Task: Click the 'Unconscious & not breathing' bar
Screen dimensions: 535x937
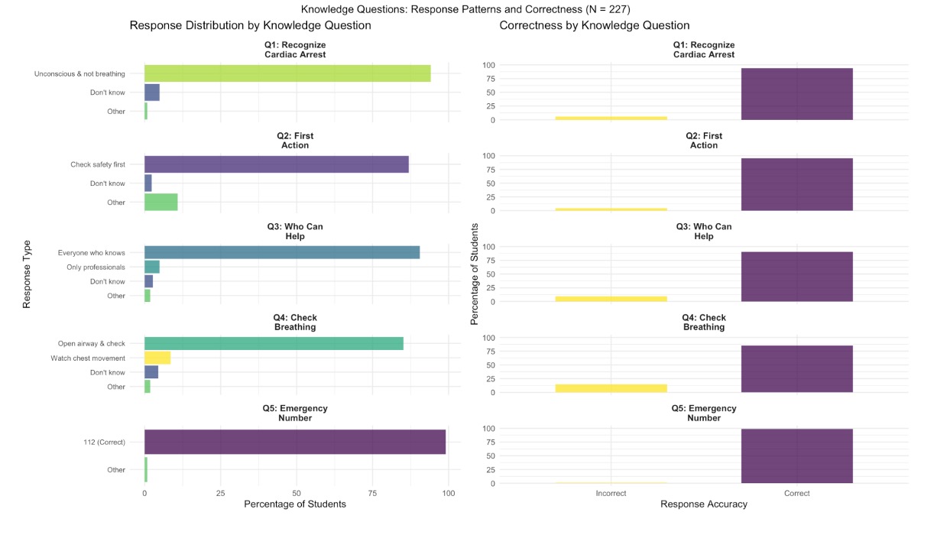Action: coord(287,73)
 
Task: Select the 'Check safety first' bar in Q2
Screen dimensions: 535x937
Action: coord(277,164)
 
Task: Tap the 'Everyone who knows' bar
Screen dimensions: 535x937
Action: coord(282,252)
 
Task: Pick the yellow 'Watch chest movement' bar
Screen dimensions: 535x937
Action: coord(157,358)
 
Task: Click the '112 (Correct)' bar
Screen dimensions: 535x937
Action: coord(295,442)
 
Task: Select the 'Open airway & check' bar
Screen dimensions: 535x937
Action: coord(274,343)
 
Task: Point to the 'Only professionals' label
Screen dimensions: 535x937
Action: coord(96,267)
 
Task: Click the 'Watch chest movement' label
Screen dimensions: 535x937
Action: coord(88,358)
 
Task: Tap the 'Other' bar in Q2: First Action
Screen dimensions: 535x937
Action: coord(161,202)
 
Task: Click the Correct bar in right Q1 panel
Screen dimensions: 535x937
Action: coord(796,94)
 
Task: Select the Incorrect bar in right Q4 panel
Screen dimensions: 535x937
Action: coord(611,388)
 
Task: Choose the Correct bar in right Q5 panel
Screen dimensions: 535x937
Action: coord(796,456)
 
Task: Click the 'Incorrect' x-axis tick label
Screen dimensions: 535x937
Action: coord(611,494)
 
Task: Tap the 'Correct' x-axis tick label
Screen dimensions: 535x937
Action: coord(796,494)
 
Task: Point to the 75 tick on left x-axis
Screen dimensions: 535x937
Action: coord(373,494)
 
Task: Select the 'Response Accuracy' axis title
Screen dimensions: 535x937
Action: coord(704,504)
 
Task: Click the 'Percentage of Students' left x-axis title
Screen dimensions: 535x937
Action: coord(295,504)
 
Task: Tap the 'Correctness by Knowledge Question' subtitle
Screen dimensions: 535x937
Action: coord(595,26)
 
